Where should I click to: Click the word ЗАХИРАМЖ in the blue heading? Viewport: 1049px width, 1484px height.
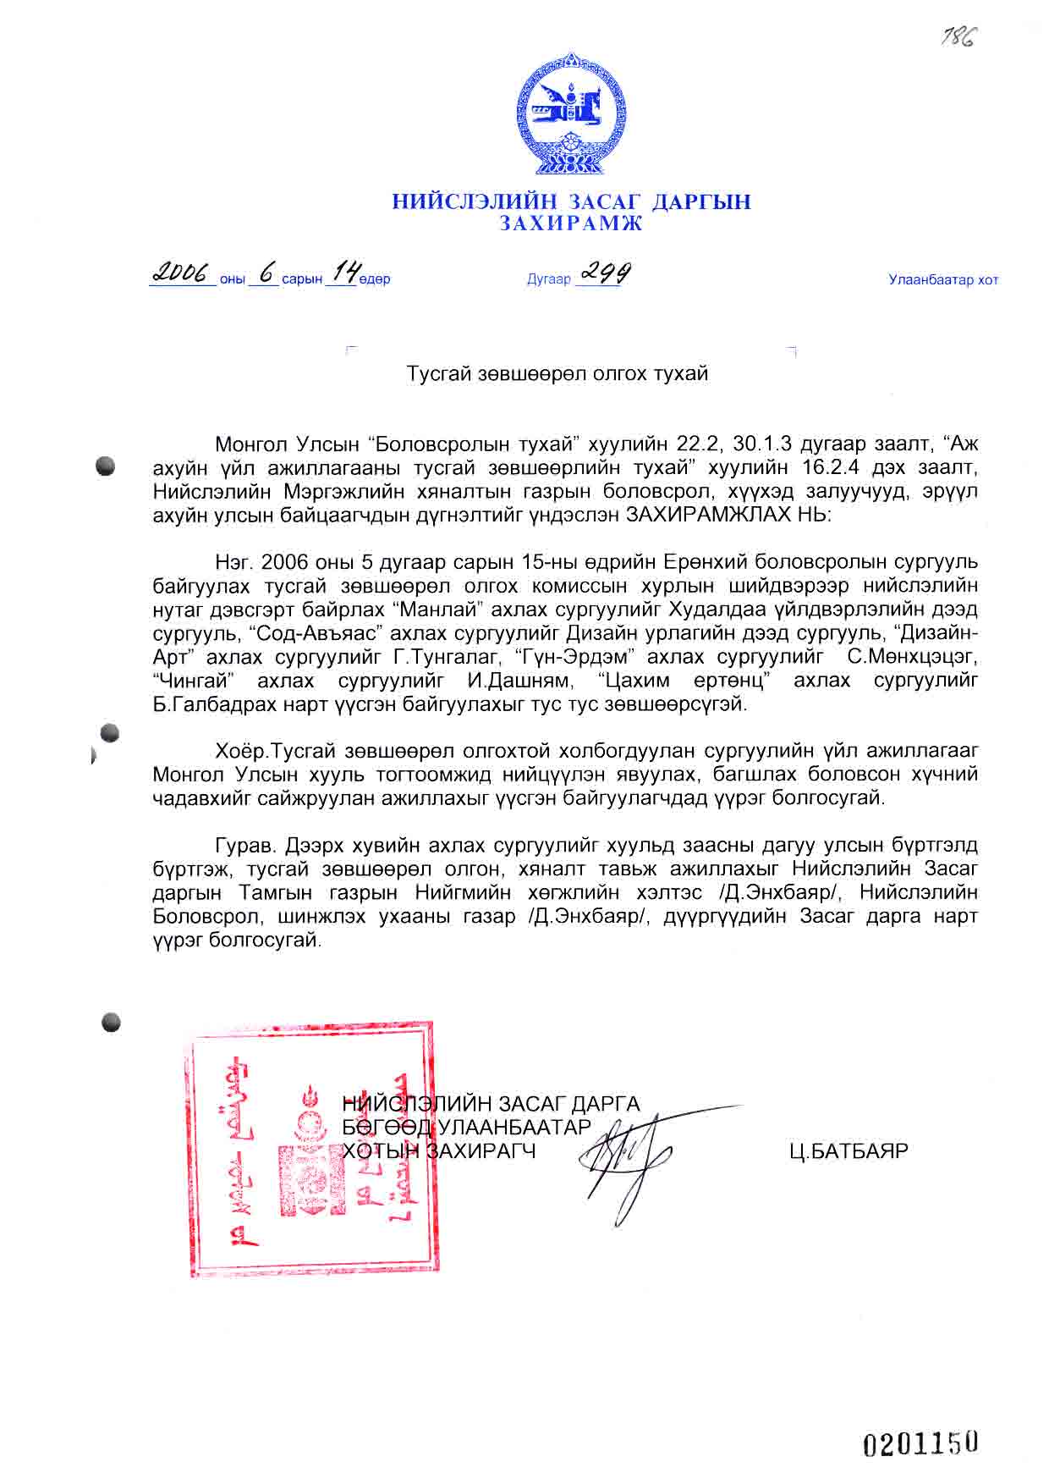click(571, 224)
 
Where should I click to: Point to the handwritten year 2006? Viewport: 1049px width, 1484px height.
click(181, 273)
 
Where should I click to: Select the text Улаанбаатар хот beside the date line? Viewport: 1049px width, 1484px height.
click(943, 280)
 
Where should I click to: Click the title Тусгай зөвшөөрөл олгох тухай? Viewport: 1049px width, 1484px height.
click(557, 373)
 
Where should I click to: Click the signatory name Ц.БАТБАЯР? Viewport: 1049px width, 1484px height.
click(849, 1151)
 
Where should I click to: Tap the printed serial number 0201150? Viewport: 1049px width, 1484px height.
click(920, 1443)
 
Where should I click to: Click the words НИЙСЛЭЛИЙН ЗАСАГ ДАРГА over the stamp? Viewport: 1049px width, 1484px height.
click(492, 1104)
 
